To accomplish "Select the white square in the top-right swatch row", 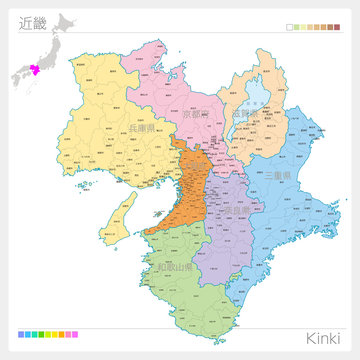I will click(290, 27).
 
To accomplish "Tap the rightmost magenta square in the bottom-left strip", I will click(74, 333).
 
